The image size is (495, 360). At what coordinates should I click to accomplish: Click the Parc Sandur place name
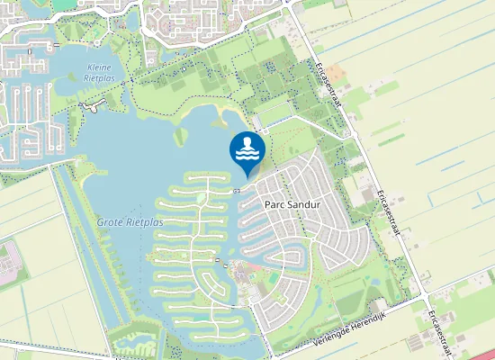pyautogui.click(x=292, y=204)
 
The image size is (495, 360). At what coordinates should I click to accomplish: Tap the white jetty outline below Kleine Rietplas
pyautogui.click(x=90, y=106)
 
